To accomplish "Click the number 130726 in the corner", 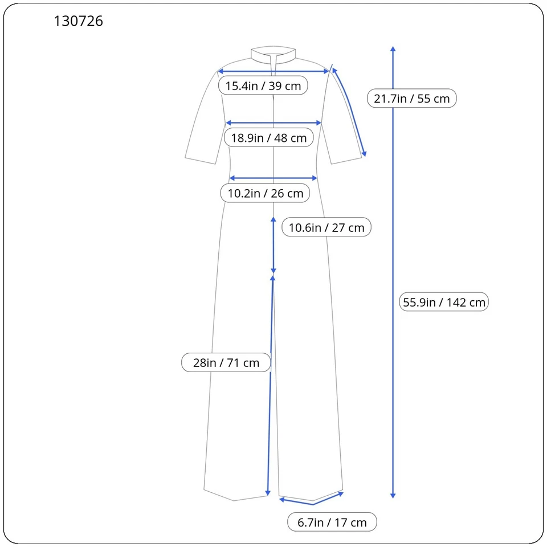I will [x=79, y=22].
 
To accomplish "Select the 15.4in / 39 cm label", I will [x=263, y=86].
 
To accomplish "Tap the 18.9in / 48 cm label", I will [x=268, y=137].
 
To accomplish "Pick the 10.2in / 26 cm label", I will [x=266, y=193].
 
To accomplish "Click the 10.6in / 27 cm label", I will [x=326, y=227].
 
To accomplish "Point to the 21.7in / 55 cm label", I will [x=411, y=99].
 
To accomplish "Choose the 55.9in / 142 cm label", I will [x=444, y=302].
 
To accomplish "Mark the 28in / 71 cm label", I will [x=226, y=362].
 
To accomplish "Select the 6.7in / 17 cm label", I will [x=332, y=522].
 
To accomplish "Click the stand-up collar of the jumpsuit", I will [x=274, y=54].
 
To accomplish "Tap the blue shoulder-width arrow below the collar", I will [x=274, y=71].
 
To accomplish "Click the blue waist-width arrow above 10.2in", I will [x=273, y=178].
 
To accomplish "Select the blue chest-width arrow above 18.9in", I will [x=274, y=123].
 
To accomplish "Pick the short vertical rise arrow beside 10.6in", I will [x=273, y=245].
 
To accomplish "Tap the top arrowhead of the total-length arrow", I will [x=393, y=49].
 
